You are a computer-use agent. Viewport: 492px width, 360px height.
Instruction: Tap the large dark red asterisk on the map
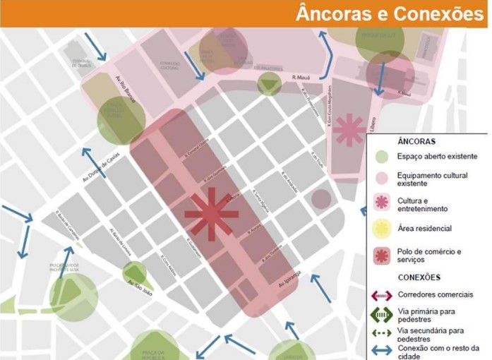(211, 215)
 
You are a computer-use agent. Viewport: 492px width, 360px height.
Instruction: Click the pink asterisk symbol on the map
(349, 130)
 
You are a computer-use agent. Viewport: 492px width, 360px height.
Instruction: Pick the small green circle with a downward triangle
(268, 84)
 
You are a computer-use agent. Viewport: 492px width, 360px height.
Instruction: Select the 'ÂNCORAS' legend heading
(397, 141)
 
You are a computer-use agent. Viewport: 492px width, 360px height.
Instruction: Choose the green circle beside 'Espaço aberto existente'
(381, 157)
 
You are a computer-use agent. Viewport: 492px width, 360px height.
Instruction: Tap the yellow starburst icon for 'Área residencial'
(381, 228)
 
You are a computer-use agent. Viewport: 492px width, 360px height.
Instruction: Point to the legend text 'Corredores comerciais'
(435, 294)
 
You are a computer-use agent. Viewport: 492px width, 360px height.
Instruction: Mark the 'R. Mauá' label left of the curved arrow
(301, 79)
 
